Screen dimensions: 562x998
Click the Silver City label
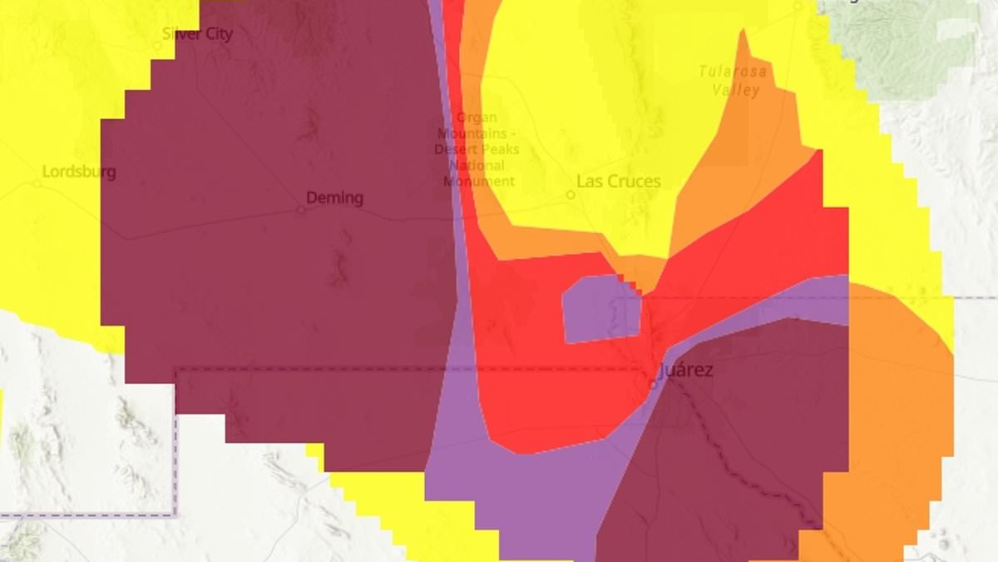click(x=197, y=34)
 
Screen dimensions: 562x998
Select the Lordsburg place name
click(x=79, y=172)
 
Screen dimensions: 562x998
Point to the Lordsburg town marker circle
click(x=37, y=184)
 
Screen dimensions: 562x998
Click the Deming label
click(x=334, y=198)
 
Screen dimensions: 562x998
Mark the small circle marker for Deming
click(x=301, y=210)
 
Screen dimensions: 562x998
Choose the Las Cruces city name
click(x=618, y=182)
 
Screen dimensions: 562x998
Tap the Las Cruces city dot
click(x=571, y=195)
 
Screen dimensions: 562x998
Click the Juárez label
click(x=685, y=371)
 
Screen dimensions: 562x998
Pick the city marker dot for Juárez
click(x=653, y=384)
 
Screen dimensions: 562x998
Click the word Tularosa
click(x=732, y=72)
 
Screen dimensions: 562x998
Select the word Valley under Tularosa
click(x=736, y=89)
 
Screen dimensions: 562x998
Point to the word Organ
click(x=477, y=118)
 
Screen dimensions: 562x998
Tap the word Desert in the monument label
click(x=454, y=150)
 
